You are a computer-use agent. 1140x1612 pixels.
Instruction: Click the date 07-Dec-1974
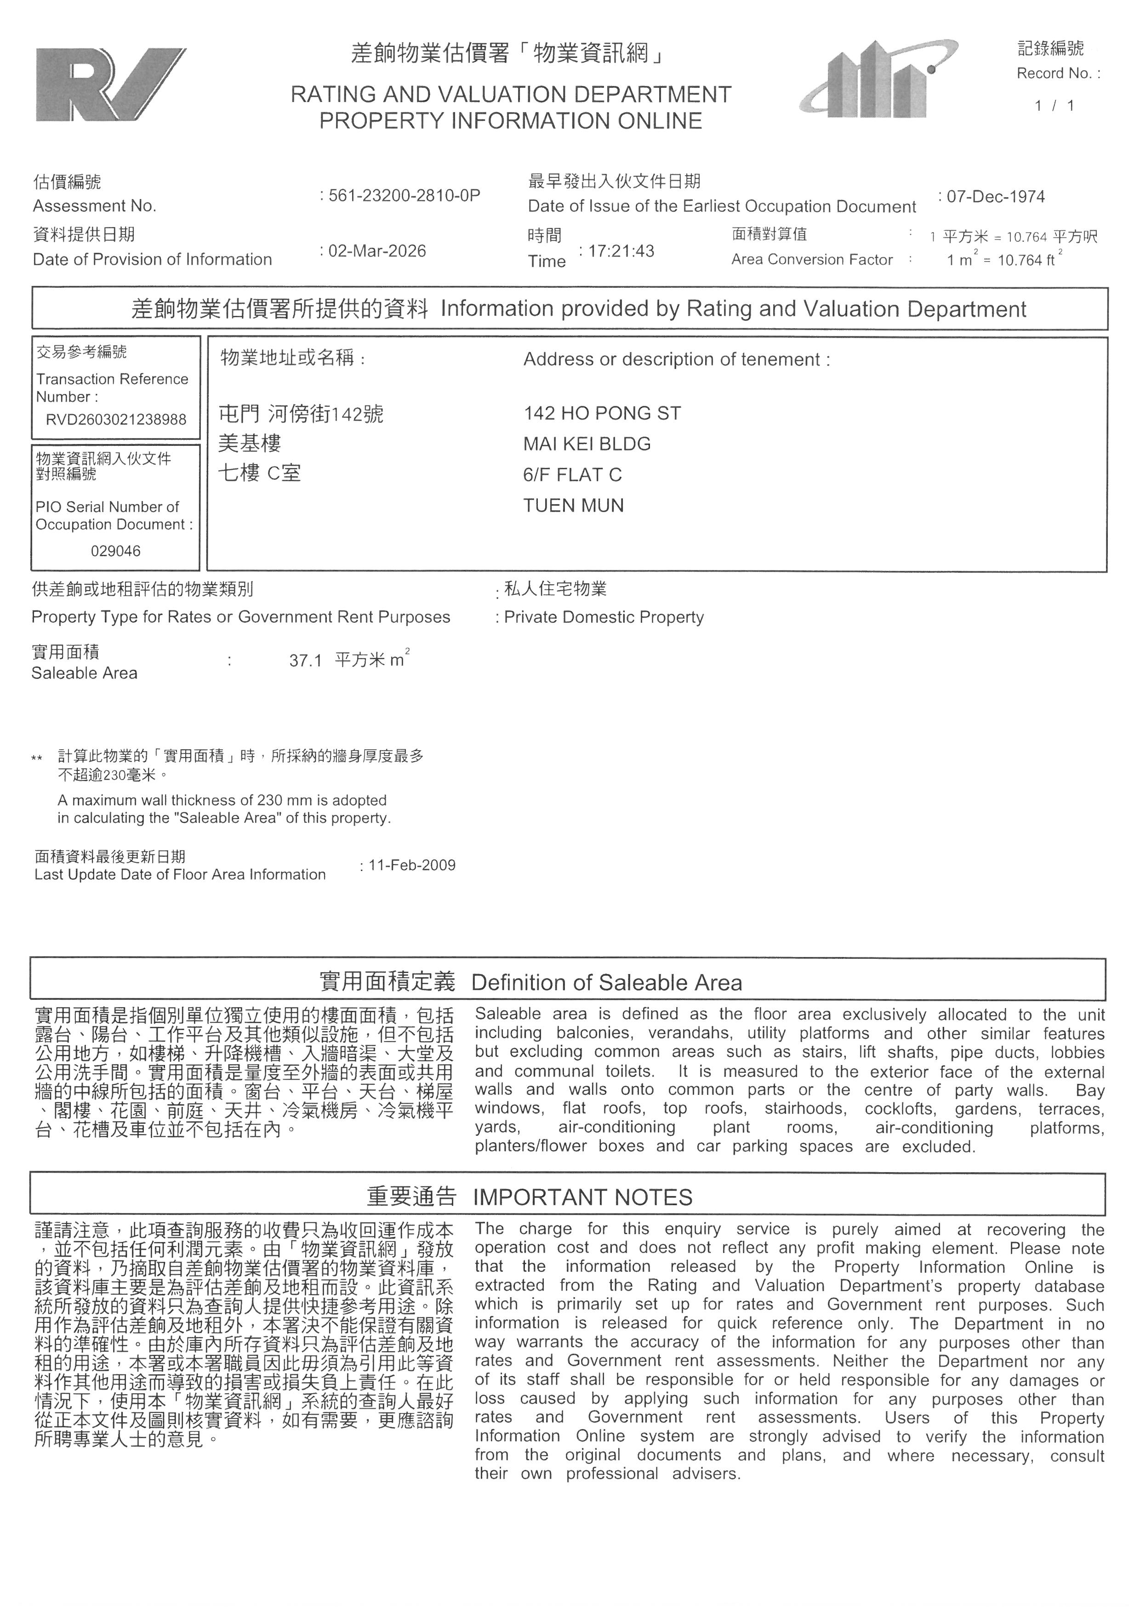[x=995, y=197]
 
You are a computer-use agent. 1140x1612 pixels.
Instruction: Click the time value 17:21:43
[x=621, y=251]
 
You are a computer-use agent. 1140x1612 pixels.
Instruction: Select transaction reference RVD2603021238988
[x=116, y=420]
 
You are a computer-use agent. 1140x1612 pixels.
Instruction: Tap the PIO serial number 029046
[x=116, y=551]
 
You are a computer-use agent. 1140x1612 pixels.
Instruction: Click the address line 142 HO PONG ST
[x=602, y=414]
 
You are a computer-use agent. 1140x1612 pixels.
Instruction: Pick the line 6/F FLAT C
[x=573, y=475]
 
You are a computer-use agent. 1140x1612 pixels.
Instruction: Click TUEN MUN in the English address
[x=574, y=506]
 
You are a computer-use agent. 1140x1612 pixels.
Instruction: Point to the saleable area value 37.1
[x=305, y=661]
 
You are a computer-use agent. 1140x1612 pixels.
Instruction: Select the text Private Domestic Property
[x=604, y=617]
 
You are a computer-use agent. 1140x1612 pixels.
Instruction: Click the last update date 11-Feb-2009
[x=412, y=865]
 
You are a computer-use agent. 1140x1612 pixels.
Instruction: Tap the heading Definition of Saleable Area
[x=606, y=982]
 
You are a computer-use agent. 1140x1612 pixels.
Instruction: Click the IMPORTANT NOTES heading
[x=582, y=1197]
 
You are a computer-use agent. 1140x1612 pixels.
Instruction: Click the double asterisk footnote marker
[x=37, y=758]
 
